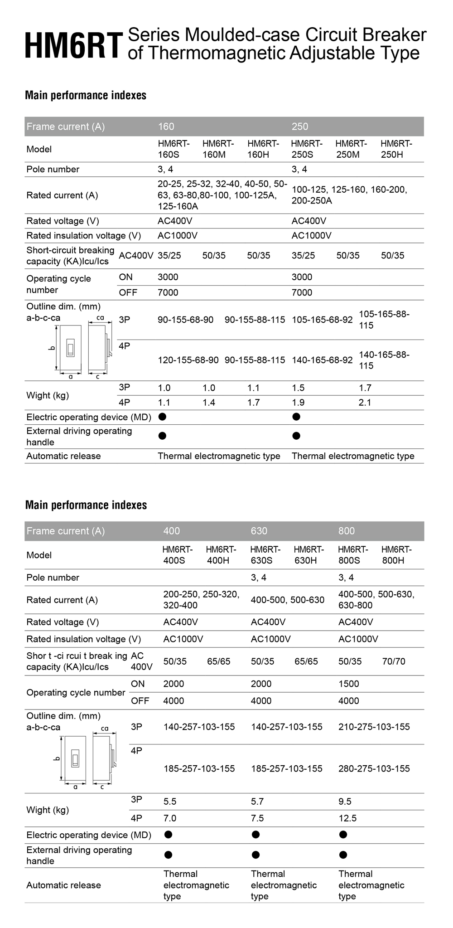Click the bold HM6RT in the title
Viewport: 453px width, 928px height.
click(x=73, y=44)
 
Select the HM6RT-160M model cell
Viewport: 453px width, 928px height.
click(x=218, y=149)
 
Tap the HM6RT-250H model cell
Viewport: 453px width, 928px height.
click(x=396, y=149)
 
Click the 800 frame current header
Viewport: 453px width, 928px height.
click(x=347, y=531)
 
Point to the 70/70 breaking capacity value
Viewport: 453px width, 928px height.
click(x=394, y=661)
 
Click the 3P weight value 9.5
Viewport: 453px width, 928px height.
click(x=345, y=802)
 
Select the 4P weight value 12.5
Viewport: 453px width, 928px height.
click(x=347, y=818)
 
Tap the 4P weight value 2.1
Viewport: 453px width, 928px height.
click(x=365, y=403)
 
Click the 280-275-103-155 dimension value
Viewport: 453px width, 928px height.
click(x=374, y=768)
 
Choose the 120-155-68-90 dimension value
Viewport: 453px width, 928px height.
click(x=188, y=360)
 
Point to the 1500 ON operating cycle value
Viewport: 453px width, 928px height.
click(x=348, y=684)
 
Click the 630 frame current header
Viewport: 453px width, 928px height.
click(x=259, y=531)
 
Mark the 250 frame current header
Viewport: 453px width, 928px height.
click(x=300, y=126)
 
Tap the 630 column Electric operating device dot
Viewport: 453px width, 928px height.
click(x=255, y=835)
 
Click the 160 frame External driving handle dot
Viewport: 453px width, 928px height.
click(x=163, y=436)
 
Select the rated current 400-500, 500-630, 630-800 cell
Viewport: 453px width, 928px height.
click(x=376, y=600)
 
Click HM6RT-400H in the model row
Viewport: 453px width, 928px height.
click(x=221, y=555)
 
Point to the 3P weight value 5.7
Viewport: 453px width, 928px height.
click(x=257, y=802)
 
